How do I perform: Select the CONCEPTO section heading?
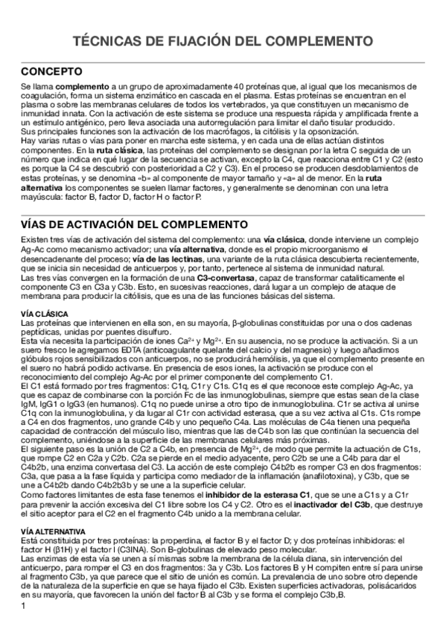(51, 72)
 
